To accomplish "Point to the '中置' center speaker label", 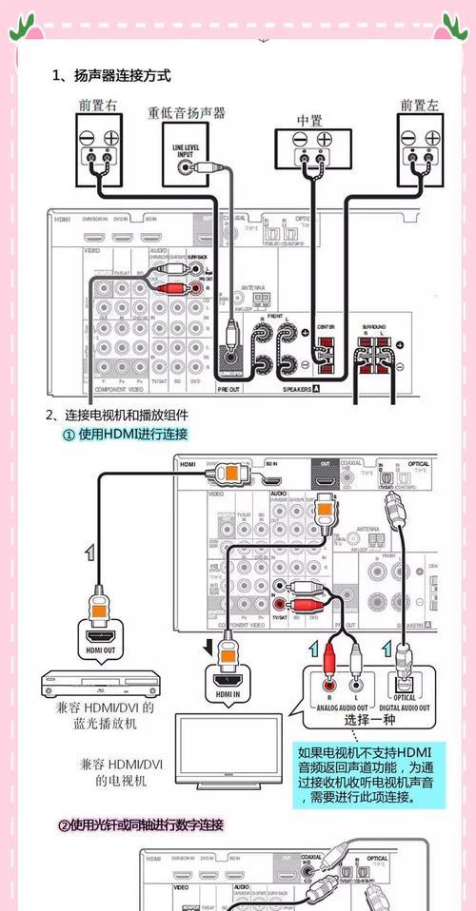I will click(310, 121).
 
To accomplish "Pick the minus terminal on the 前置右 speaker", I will click(87, 137).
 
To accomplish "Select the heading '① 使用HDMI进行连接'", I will click(125, 434).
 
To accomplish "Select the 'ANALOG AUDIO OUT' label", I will click(339, 707).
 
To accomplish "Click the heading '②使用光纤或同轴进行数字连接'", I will click(142, 824).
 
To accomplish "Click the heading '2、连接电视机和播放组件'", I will click(117, 415).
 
